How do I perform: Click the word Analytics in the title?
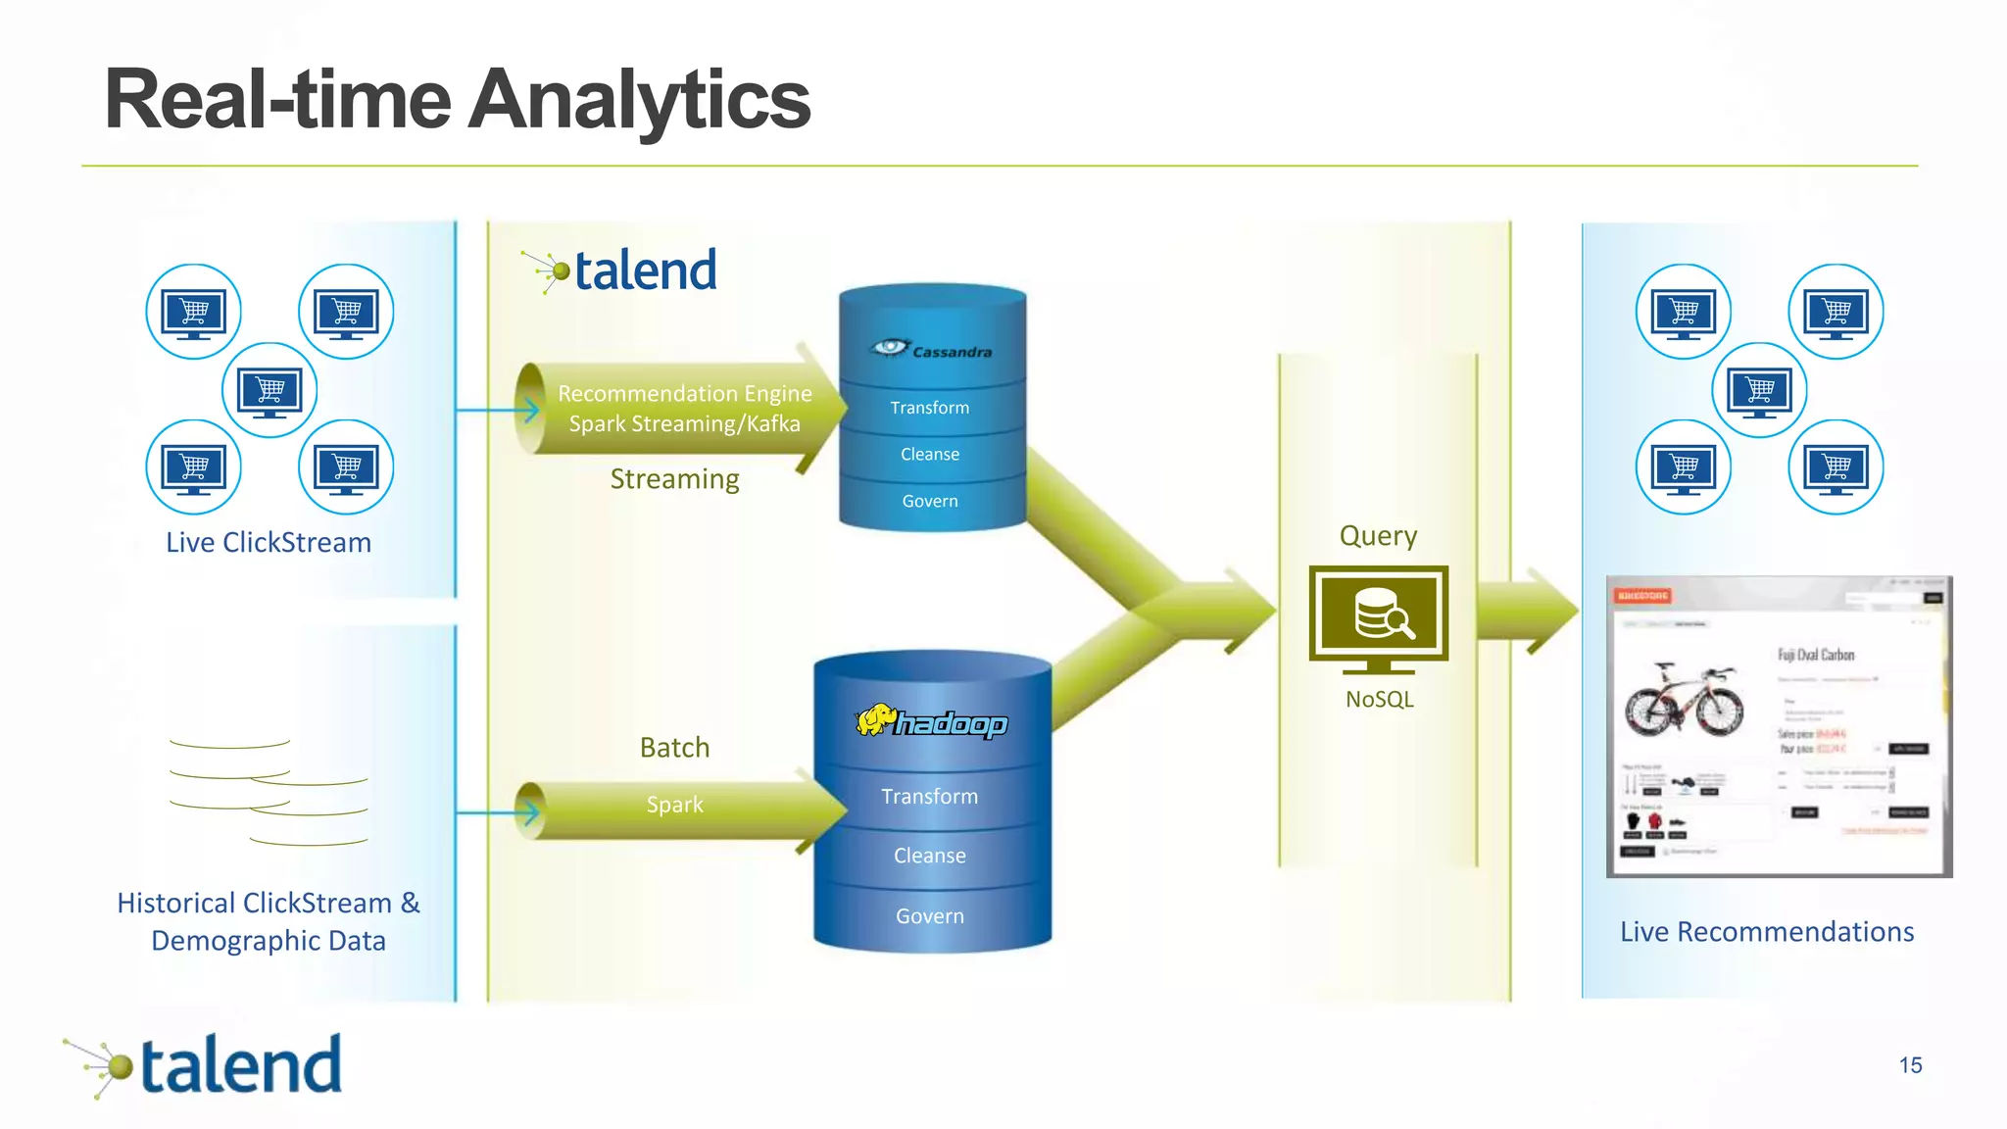tap(639, 100)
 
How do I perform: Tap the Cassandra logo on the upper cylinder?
tap(931, 349)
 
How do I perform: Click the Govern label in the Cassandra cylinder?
tap(930, 501)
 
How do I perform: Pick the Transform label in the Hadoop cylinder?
tap(929, 796)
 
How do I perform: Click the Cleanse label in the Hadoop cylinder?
tap(929, 856)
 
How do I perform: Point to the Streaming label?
tap(674, 479)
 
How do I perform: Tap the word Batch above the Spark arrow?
tap(674, 748)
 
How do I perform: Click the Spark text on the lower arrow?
tap(674, 805)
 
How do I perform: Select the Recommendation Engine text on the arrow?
tap(684, 394)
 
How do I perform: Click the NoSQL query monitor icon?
tap(1378, 617)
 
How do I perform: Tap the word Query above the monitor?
tap(1378, 536)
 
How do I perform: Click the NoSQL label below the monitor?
tap(1379, 700)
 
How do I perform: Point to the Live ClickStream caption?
tap(269, 543)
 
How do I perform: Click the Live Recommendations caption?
tap(1766, 932)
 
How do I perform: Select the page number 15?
tap(1910, 1065)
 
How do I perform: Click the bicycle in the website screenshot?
tap(1684, 699)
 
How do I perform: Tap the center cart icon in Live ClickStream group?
tap(269, 390)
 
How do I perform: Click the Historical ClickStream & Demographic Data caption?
tap(269, 921)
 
